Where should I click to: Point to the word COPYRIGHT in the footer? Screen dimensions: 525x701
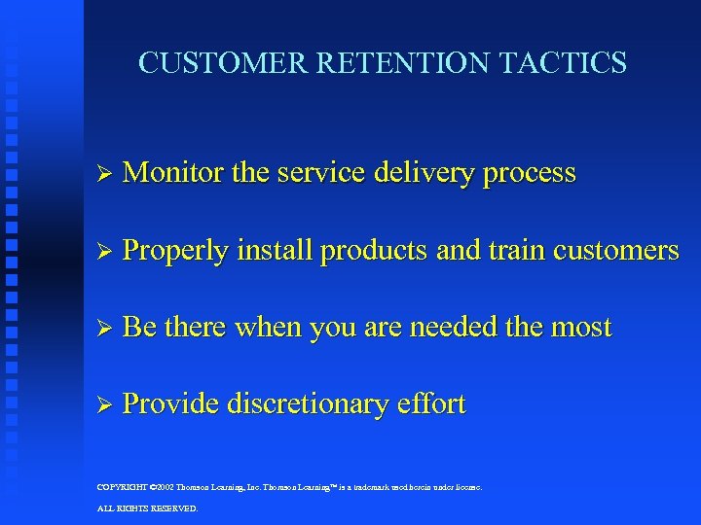124,487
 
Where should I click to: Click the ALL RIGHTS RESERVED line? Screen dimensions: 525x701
148,508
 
